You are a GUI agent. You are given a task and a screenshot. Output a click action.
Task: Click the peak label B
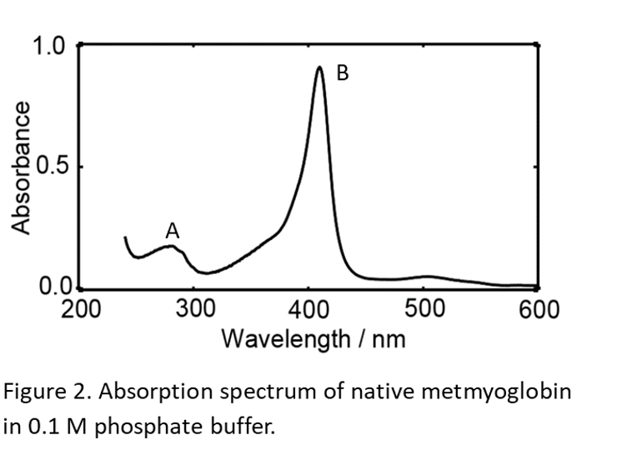342,73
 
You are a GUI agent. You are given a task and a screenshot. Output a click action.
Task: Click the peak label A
173,229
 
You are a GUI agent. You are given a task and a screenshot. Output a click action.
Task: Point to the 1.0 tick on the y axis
48,45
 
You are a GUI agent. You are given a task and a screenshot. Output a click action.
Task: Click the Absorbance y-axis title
22,167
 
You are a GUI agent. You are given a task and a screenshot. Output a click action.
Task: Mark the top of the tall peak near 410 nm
319,67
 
